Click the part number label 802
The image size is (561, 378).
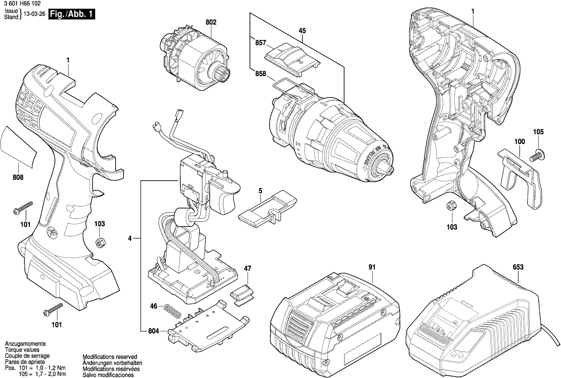click(x=211, y=22)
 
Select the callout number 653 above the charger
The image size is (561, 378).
click(x=517, y=267)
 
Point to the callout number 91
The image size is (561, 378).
click(x=372, y=267)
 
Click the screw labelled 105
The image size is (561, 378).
click(x=537, y=152)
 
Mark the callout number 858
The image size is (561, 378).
click(x=260, y=74)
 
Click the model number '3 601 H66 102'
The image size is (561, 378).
click(x=21, y=4)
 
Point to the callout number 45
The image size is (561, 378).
click(x=302, y=31)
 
